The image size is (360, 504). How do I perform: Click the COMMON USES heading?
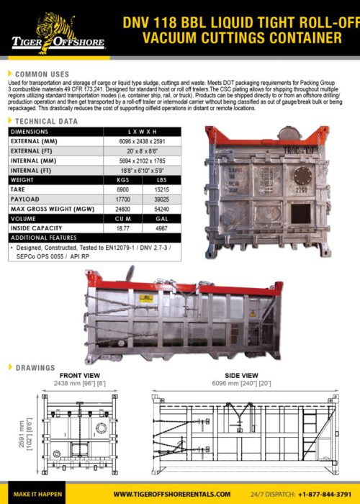[42, 74]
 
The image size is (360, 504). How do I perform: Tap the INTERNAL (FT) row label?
[32, 169]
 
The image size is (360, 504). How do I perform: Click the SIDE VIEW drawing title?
[242, 375]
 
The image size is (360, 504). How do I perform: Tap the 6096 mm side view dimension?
[242, 383]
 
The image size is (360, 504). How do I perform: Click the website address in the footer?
[171, 494]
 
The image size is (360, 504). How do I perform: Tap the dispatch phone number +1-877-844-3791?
[321, 494]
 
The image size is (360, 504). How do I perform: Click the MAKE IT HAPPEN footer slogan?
[37, 494]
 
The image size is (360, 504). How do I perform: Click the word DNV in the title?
[140, 21]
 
